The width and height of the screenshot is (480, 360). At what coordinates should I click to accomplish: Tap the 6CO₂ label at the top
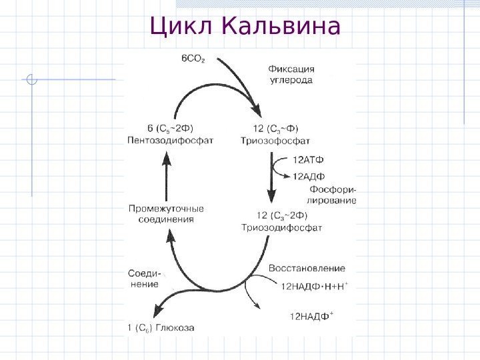tap(193, 59)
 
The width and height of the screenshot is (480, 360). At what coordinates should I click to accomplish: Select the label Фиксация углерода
tap(291, 73)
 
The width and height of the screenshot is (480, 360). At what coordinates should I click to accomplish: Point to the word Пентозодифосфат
tap(171, 140)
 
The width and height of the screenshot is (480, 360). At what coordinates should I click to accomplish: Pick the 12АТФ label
tap(309, 159)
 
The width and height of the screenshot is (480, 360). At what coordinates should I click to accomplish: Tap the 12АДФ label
tap(309, 175)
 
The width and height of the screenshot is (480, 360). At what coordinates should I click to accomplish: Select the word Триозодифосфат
tap(281, 227)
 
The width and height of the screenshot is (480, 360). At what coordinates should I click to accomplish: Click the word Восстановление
tap(307, 268)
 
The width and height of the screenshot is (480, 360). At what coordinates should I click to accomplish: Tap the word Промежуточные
tap(166, 208)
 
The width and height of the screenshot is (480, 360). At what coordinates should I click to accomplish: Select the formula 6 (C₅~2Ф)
tap(171, 128)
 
